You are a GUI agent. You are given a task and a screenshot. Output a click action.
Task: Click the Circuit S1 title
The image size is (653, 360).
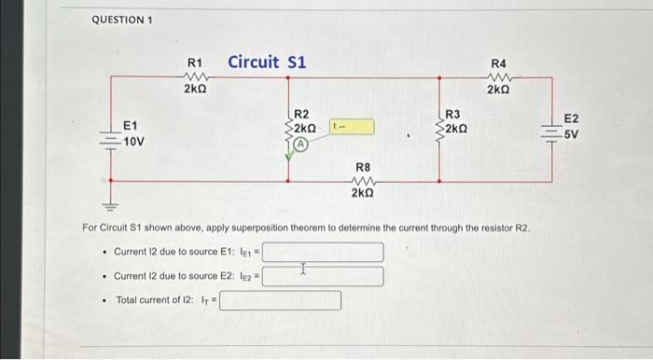pos(268,62)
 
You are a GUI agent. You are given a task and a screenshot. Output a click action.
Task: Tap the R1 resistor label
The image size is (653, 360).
pos(196,62)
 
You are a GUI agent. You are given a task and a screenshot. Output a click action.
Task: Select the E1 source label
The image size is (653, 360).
pos(132,127)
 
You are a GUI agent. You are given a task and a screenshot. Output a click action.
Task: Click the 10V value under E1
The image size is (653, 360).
pos(133,141)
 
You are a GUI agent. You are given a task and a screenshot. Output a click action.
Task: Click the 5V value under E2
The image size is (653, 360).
pos(572,134)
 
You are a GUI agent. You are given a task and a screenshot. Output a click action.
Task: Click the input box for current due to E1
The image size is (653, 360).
pos(323,252)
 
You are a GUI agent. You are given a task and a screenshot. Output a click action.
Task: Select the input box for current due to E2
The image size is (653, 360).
pos(323,276)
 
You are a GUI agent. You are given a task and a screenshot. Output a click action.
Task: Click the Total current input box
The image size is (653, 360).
pos(280,300)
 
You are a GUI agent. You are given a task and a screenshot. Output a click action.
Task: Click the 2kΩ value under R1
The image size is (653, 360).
pos(196,90)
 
